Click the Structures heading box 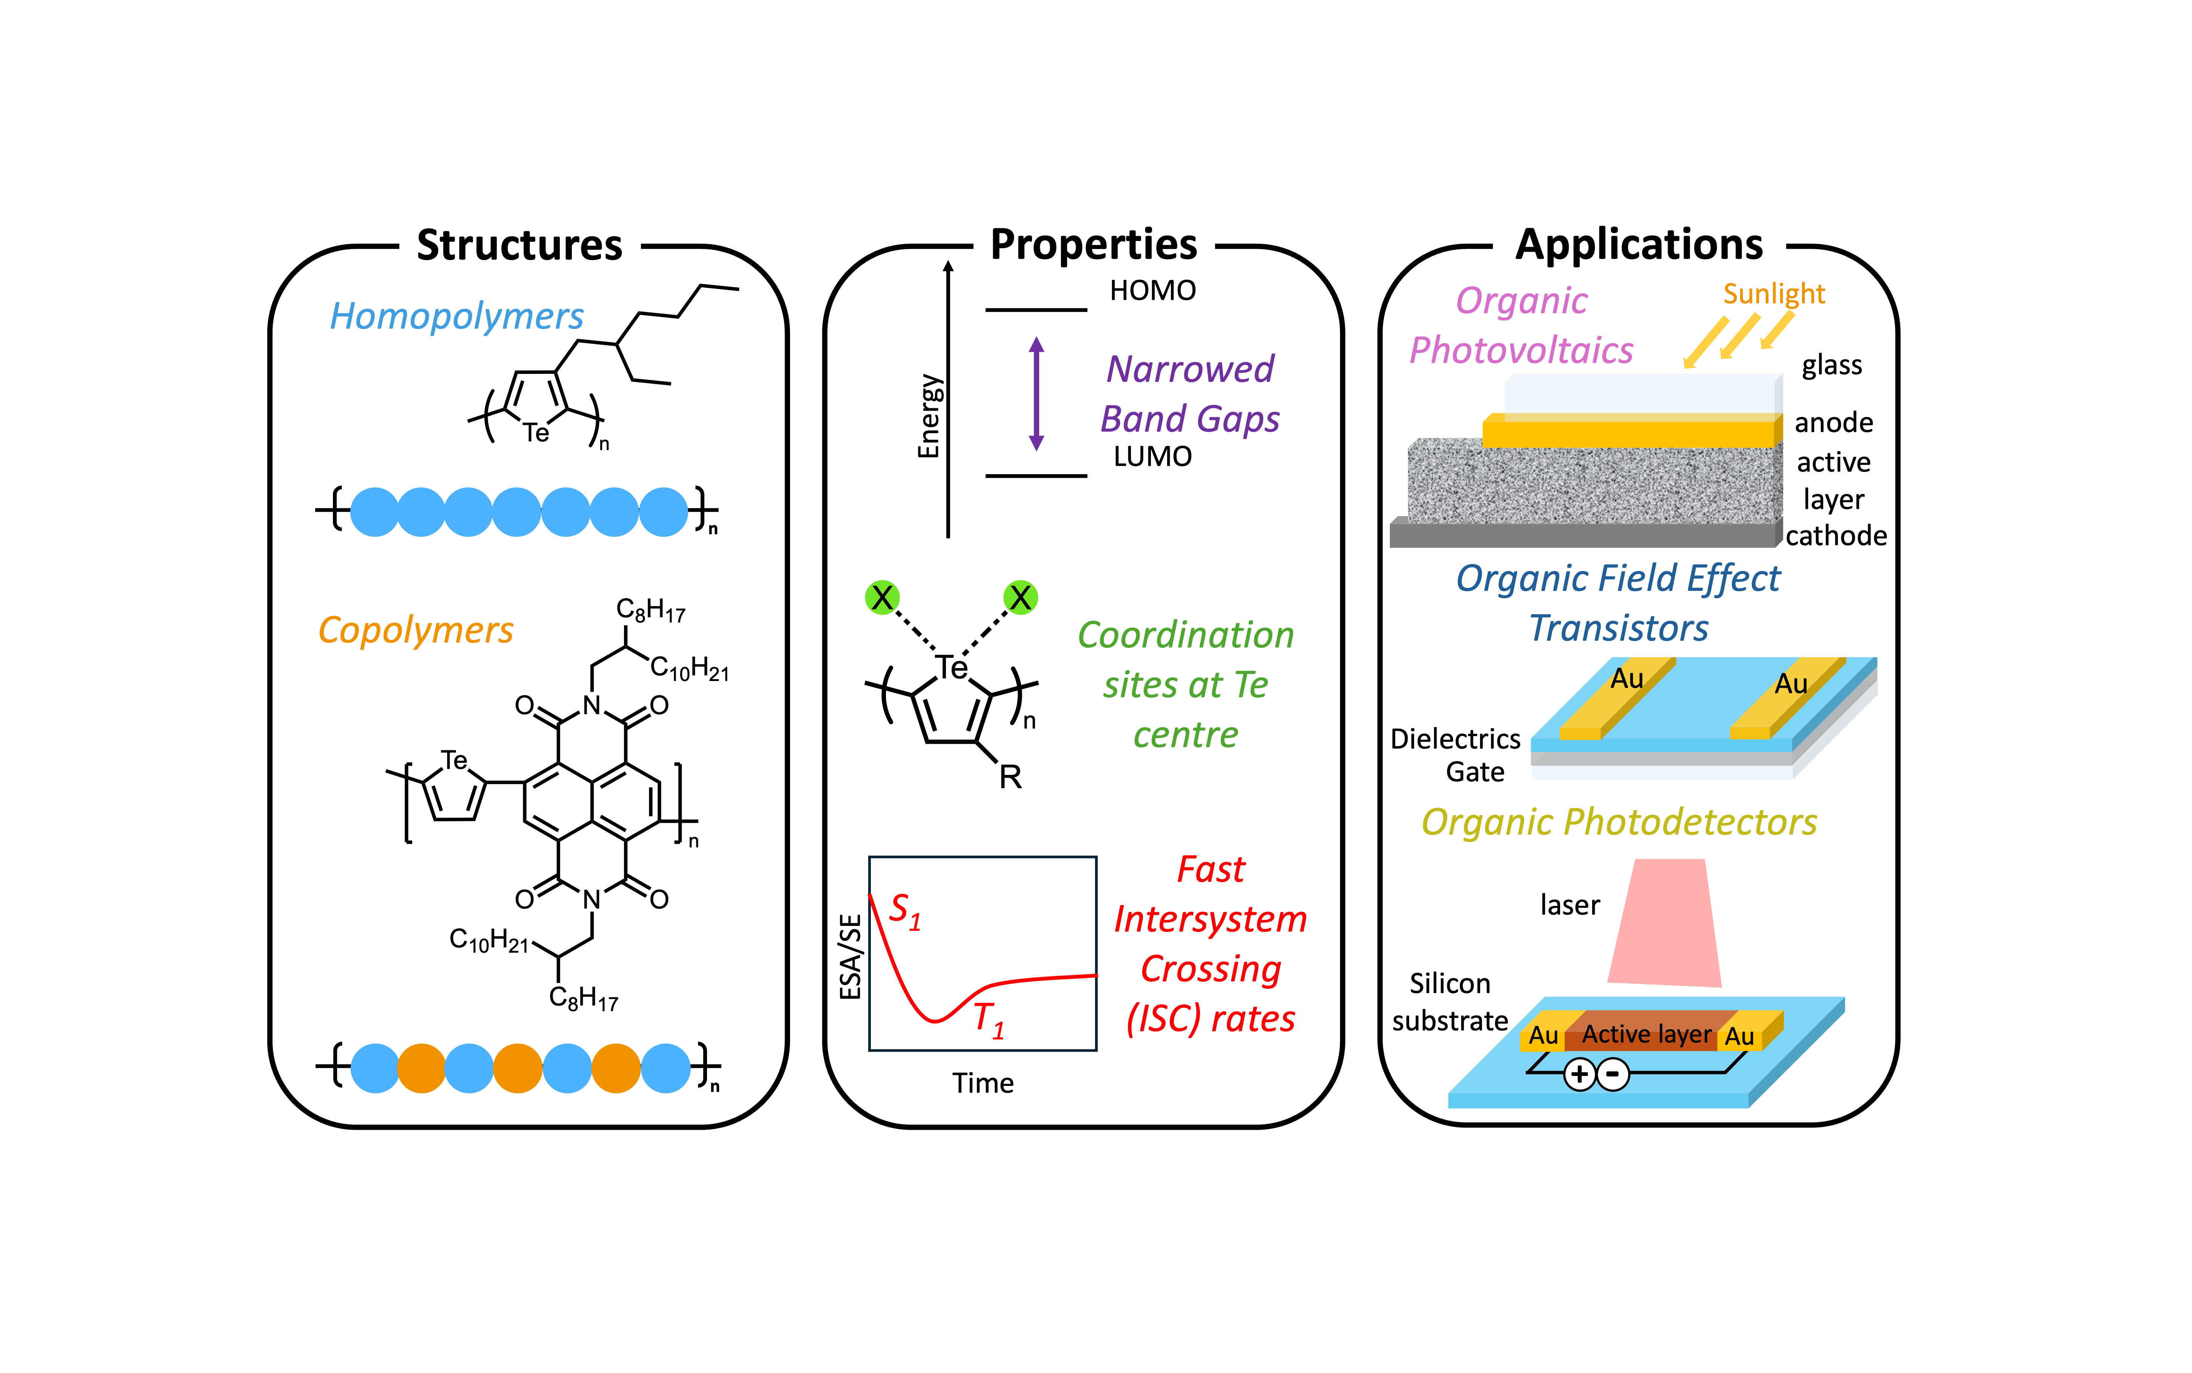(x=520, y=244)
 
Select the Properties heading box (x=1094, y=243)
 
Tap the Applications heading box (x=1639, y=243)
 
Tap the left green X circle (x=882, y=598)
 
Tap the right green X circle (x=1020, y=598)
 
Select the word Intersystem (x=1211, y=919)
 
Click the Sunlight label (x=1774, y=294)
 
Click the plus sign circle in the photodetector (x=1580, y=1074)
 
